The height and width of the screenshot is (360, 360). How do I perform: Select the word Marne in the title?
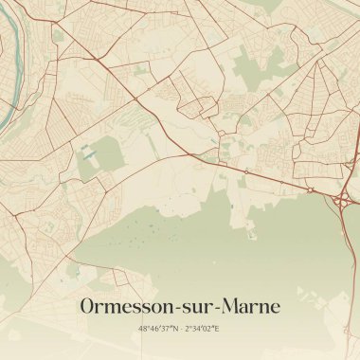pos(255,307)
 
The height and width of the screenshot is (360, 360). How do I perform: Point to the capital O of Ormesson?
pos(89,307)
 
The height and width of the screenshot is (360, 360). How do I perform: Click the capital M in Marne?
pos(236,307)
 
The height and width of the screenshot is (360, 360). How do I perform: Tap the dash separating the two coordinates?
pos(181,329)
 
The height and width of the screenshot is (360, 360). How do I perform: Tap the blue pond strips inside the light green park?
pos(88,153)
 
